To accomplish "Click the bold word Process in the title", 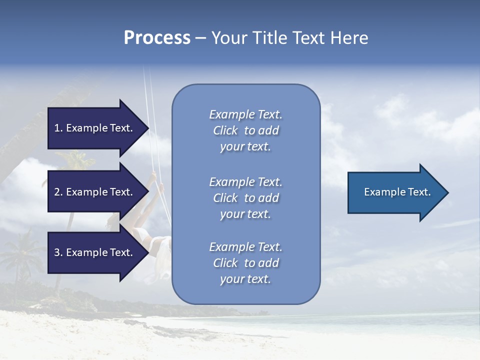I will [157, 38].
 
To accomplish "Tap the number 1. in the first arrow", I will [58, 128].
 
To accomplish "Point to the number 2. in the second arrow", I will [58, 192].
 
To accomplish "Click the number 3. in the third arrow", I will [58, 252].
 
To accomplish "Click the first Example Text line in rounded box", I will [245, 114].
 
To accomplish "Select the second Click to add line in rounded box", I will [245, 198].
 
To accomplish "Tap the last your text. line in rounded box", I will [245, 279].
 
